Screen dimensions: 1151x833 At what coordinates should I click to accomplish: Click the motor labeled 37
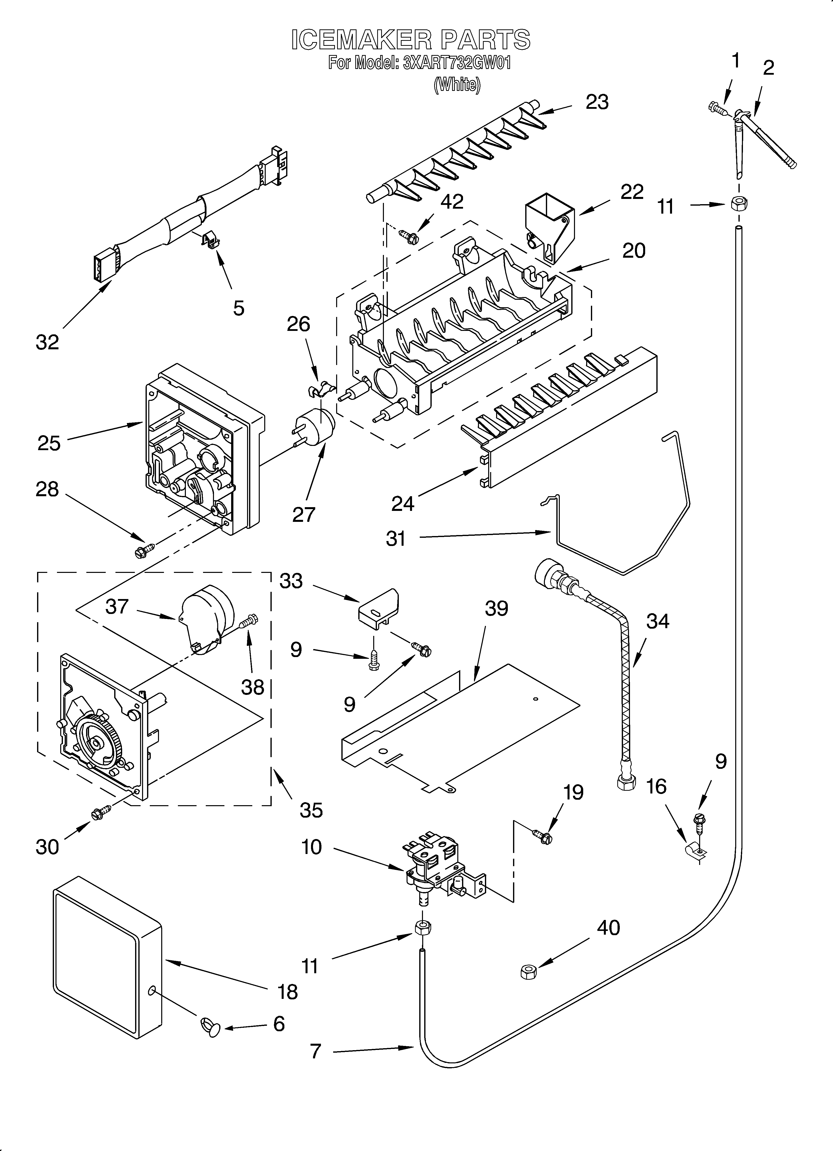(x=206, y=620)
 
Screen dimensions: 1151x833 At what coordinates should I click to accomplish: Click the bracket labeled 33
(x=378, y=607)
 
